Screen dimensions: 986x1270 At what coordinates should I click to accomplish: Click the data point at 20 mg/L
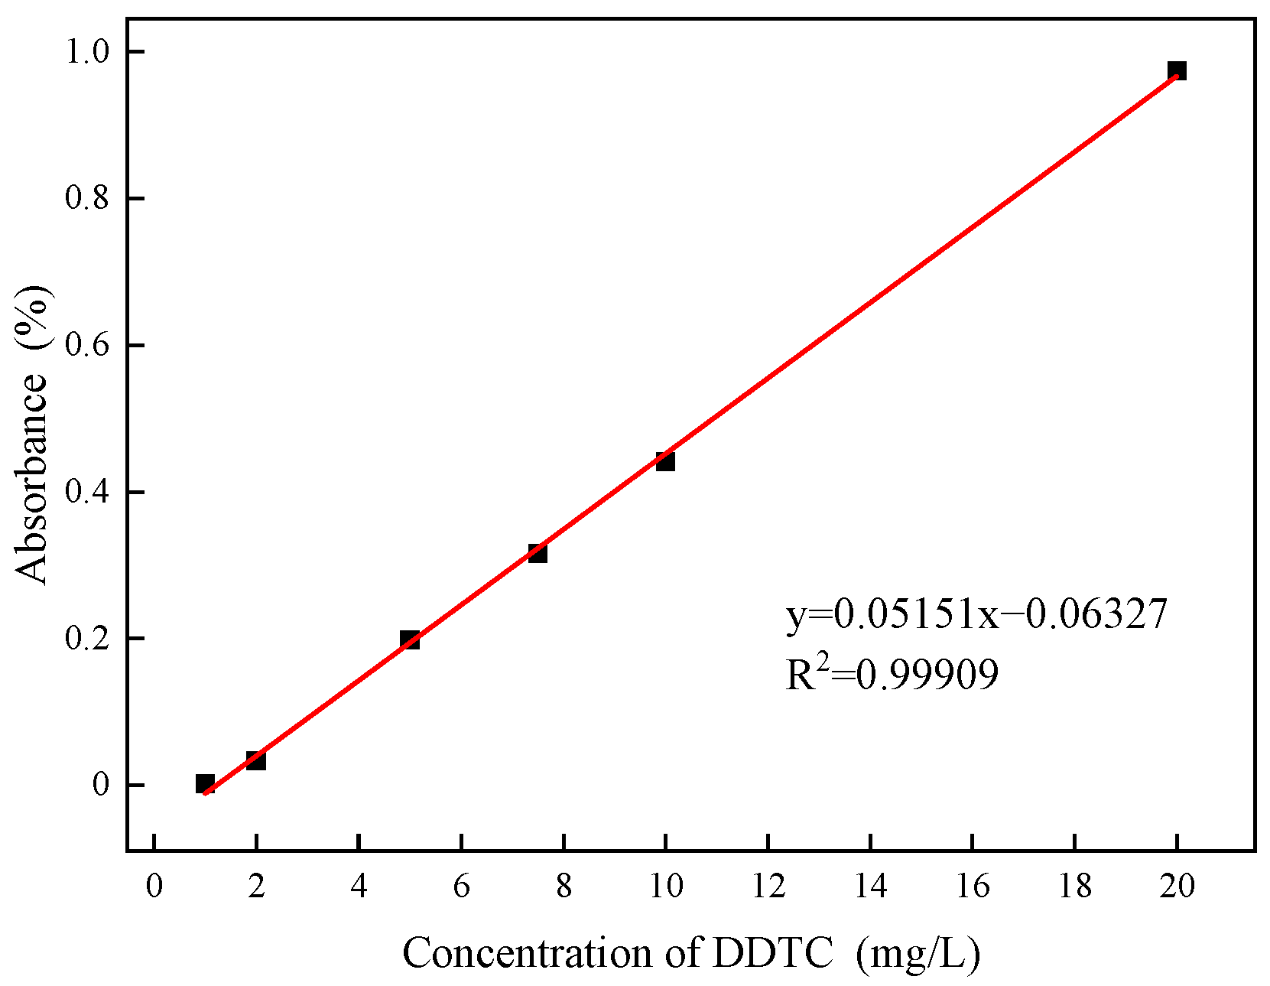1176,71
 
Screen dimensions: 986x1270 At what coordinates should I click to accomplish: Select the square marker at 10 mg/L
664,461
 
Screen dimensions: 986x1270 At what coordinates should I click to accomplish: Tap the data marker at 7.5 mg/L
537,552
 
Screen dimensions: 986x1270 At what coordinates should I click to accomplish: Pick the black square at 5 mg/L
409,639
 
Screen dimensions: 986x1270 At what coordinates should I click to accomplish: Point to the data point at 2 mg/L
255,760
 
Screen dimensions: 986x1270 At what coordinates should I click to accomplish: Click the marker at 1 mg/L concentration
204,783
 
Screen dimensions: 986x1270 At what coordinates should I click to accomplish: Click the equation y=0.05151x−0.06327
976,613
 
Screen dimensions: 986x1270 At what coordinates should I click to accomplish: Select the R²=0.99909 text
892,674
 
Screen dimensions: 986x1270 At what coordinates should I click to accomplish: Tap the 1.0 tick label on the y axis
86,51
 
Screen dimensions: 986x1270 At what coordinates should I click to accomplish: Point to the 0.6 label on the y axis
86,345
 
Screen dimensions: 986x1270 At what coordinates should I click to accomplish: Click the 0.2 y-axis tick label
86,639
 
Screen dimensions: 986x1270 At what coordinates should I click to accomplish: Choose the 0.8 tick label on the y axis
86,198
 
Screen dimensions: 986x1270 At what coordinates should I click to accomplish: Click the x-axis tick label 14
870,887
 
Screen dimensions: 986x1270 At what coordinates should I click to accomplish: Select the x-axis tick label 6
461,887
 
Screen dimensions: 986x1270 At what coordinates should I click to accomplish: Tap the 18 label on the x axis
1074,887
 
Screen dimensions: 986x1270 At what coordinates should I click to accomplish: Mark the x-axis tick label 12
768,887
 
